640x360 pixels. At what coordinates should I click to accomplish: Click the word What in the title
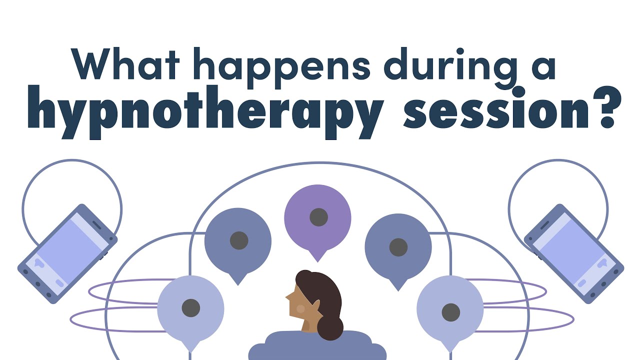coord(125,63)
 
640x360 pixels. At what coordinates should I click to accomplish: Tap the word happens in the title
coord(281,68)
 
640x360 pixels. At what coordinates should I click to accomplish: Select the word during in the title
coord(450,68)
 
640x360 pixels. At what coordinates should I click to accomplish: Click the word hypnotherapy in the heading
coord(205,112)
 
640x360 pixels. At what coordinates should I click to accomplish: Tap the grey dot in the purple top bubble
coord(318,217)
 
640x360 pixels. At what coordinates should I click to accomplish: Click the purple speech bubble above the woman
coord(317,220)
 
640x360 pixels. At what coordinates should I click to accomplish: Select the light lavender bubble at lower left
coord(190,311)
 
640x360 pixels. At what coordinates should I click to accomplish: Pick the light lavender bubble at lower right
coord(450,311)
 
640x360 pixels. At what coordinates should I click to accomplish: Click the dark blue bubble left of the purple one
coord(238,243)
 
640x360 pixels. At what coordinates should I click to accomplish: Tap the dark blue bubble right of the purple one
coord(398,249)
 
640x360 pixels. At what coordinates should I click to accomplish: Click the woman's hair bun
coord(330,328)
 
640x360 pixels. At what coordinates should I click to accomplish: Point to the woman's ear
coord(316,306)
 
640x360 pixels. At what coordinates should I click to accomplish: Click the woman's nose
coord(288,296)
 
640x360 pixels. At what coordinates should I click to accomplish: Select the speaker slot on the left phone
coord(97,225)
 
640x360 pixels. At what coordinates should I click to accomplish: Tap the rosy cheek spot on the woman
coord(300,309)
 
